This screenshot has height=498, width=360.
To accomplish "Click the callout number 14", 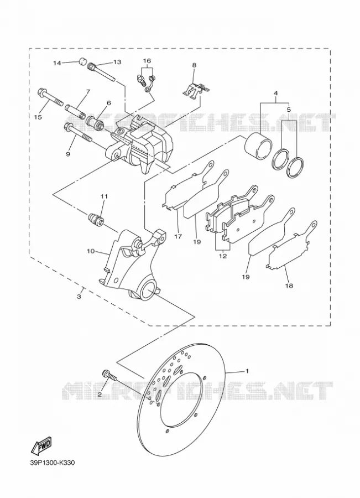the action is click(x=57, y=63).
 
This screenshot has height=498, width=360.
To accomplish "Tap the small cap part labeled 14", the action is click(x=82, y=61).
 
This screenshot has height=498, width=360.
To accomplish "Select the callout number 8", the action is click(x=194, y=65).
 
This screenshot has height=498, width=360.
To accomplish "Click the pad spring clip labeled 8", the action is click(x=196, y=91).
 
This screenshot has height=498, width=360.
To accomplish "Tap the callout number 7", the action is click(x=87, y=91).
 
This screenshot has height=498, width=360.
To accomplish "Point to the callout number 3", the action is click(x=79, y=297).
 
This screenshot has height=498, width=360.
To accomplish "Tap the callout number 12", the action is click(x=223, y=256).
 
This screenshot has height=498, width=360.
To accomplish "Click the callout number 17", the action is click(x=178, y=236).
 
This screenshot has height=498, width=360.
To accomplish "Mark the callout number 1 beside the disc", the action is click(x=247, y=371).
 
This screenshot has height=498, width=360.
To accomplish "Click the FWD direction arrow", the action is click(x=41, y=445).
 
